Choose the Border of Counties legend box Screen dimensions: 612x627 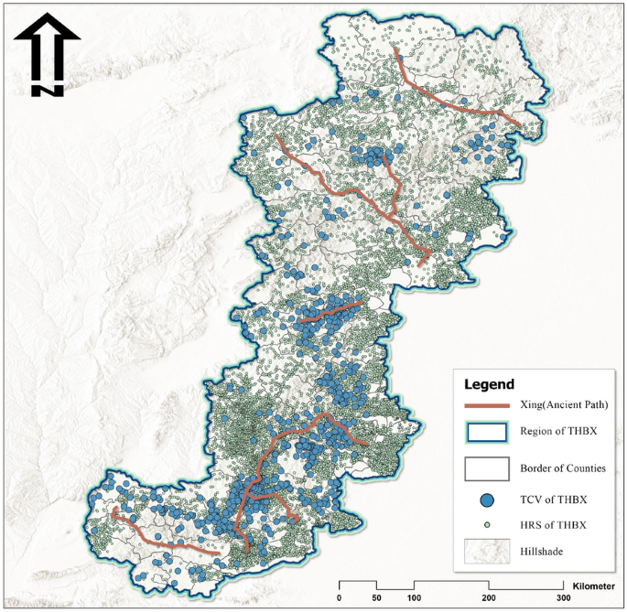click(487, 467)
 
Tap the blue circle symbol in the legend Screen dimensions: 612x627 click(487, 499)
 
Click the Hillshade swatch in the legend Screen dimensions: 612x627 click(487, 552)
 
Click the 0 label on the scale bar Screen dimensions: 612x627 click(340, 597)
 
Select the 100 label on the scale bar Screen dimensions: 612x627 click(414, 597)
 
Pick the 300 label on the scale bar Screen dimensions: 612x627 click(563, 597)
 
